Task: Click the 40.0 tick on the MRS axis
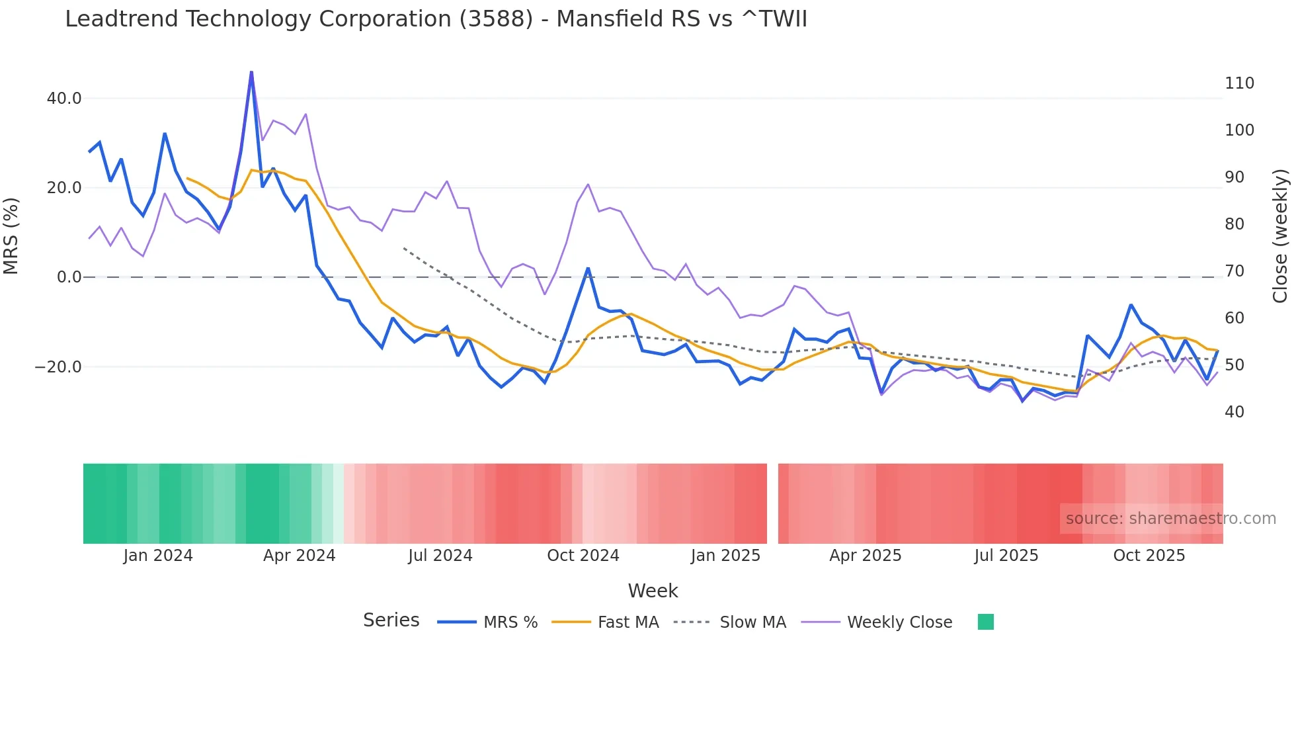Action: click(x=63, y=99)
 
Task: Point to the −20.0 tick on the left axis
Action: click(x=58, y=367)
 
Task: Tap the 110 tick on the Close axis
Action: click(x=1239, y=83)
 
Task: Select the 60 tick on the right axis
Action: click(x=1234, y=318)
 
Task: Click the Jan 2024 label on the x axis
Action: click(x=158, y=556)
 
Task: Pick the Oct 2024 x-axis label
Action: click(x=583, y=556)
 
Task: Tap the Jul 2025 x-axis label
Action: click(x=1006, y=556)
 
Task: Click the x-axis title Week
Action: click(x=653, y=591)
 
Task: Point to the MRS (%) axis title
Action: click(x=11, y=236)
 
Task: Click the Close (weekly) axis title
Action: click(x=1280, y=236)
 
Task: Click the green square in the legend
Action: click(x=985, y=622)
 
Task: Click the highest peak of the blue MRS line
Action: click(x=251, y=72)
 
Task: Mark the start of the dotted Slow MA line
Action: click(x=404, y=248)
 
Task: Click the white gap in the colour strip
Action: click(x=772, y=503)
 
